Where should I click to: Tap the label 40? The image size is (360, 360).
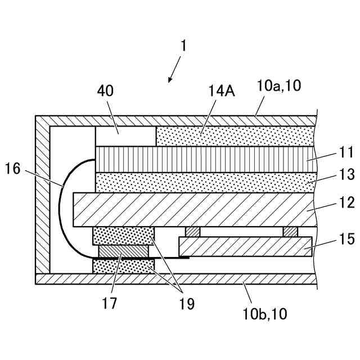tap(105, 90)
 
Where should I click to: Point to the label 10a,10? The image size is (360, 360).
tap(279, 86)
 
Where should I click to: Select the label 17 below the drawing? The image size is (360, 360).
tap(110, 304)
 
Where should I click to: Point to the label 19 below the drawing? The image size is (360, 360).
tap(187, 304)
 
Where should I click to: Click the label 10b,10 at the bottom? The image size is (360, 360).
tap(265, 314)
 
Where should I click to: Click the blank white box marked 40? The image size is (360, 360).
tap(125, 136)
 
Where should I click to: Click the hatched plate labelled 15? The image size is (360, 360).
tap(245, 246)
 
